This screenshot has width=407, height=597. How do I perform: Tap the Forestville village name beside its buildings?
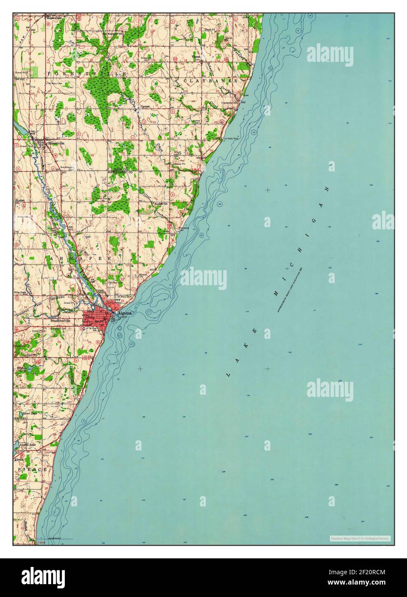coord(56,143)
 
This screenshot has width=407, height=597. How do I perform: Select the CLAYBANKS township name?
coord(211,81)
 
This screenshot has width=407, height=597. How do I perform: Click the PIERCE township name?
coord(32,470)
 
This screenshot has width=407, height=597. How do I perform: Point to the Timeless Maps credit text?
coord(360,538)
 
